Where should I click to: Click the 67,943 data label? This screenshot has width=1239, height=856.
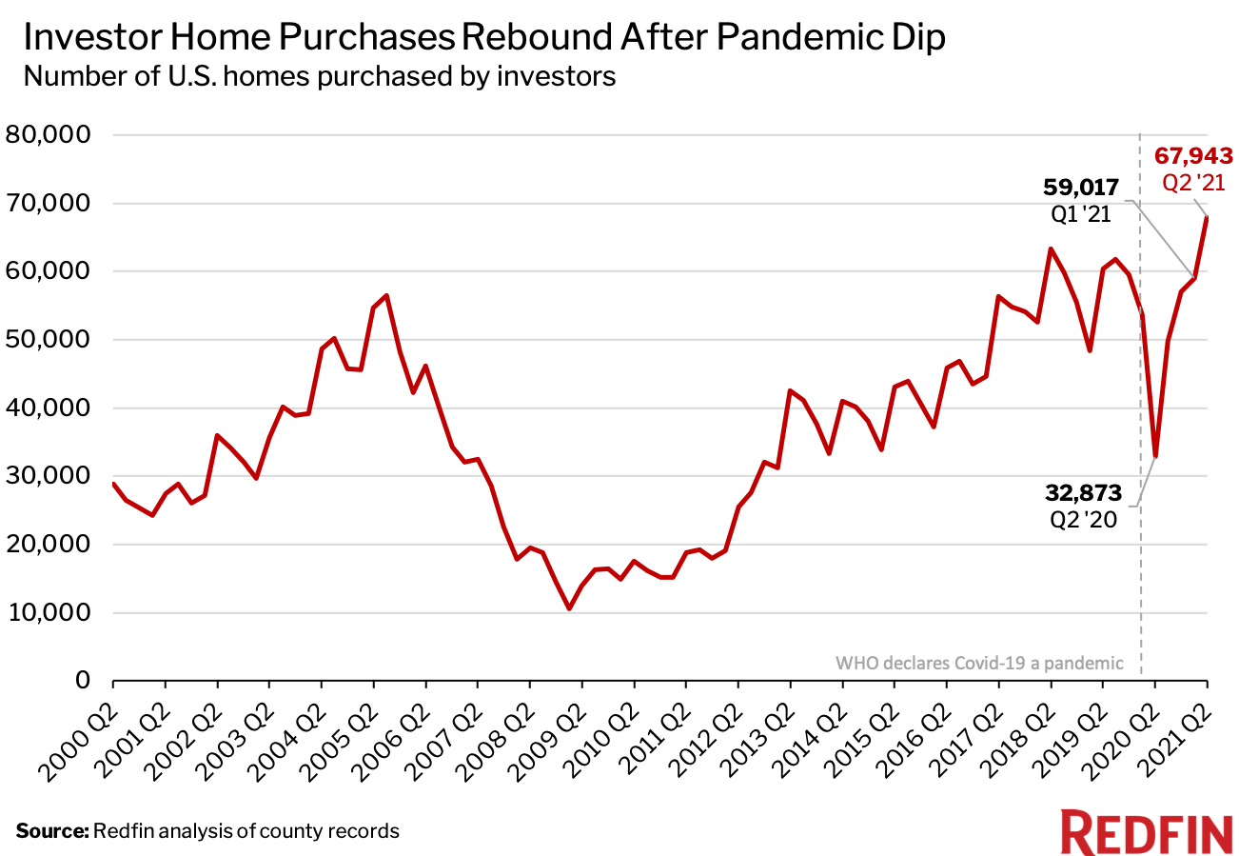(1193, 155)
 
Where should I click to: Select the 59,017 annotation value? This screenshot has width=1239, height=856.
(1083, 188)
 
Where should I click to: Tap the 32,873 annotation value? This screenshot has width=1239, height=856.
(1081, 493)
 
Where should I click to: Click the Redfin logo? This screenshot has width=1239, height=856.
(1146, 833)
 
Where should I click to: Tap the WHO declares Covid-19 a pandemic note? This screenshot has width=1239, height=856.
(979, 663)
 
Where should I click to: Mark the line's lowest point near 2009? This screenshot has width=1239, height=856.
(569, 608)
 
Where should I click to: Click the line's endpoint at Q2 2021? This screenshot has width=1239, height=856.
(1207, 217)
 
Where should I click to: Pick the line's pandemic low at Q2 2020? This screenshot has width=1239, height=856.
(1154, 457)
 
